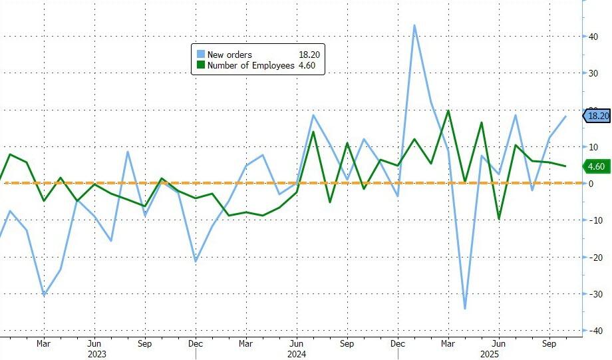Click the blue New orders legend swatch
[x=200, y=54]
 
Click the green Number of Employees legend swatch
[x=200, y=65]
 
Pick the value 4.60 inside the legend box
[x=309, y=65]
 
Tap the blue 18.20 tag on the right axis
[x=597, y=116]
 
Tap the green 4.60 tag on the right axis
[x=595, y=166]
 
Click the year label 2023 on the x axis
[x=94, y=355]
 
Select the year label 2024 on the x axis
[x=297, y=355]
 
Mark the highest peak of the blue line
[x=414, y=25]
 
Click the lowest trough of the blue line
[x=465, y=309]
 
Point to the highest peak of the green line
[x=448, y=111]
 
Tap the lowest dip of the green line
[x=498, y=219]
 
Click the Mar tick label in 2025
[x=448, y=345]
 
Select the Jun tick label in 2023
[x=94, y=345]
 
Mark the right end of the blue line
[x=566, y=116]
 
